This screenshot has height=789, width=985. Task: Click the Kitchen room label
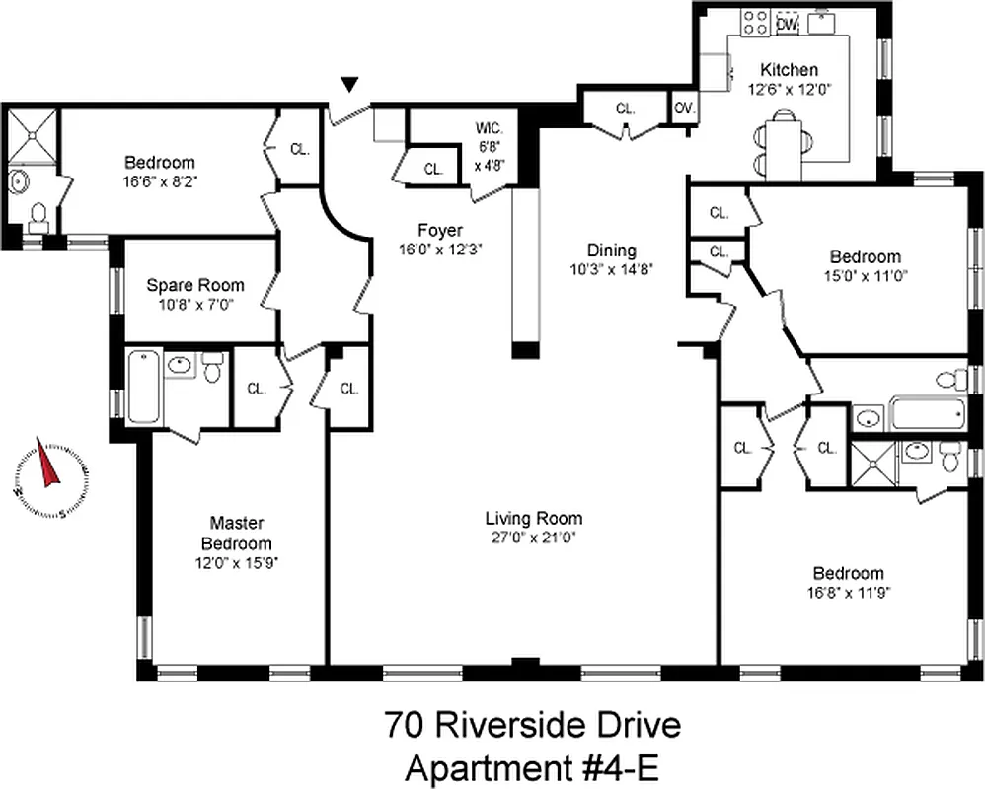(x=788, y=70)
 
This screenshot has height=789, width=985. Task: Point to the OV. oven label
(x=683, y=108)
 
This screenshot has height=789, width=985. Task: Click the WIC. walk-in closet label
(x=490, y=128)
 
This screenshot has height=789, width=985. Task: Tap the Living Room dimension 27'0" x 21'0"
(x=533, y=538)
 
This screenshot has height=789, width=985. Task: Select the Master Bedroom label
(x=236, y=534)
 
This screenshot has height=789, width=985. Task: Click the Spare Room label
(x=194, y=285)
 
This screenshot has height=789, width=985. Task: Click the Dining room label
(x=612, y=251)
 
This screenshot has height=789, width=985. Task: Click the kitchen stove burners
(x=756, y=22)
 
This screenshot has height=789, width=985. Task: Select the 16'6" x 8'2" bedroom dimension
(x=159, y=181)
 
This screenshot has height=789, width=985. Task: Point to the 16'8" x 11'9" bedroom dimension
(x=848, y=593)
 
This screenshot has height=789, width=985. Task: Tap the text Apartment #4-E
(x=532, y=765)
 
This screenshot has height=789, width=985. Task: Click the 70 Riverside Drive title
(x=532, y=727)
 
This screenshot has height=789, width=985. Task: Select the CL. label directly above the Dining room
(x=624, y=108)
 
